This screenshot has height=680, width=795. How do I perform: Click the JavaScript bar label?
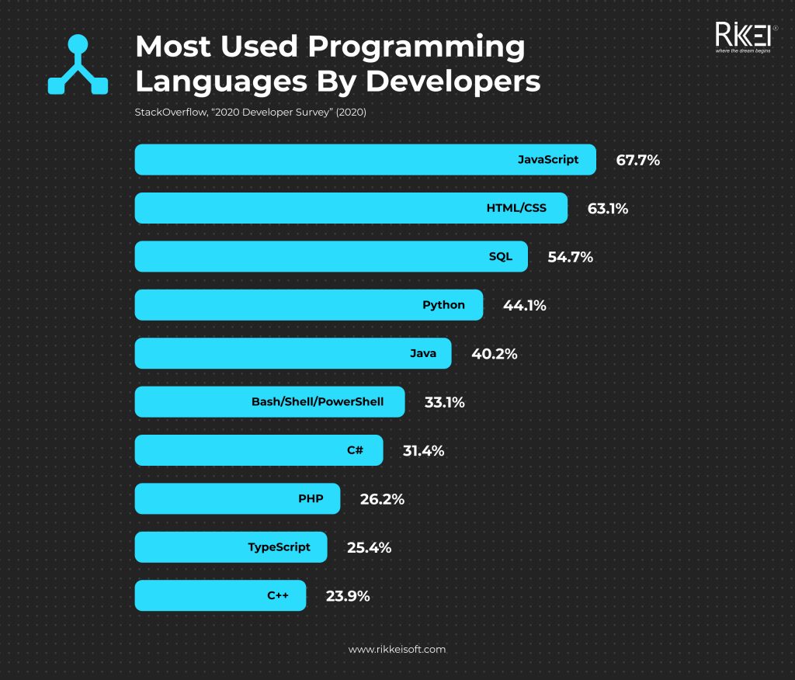[548, 160]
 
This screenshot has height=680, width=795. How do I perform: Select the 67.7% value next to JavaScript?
[637, 161]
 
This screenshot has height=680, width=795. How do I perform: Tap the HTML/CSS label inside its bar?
[516, 208]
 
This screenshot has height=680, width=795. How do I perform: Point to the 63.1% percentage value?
[607, 209]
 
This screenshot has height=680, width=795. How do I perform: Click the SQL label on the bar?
[501, 256]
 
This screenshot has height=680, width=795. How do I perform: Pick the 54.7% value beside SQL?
[570, 257]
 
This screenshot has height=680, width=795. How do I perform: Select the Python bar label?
[443, 305]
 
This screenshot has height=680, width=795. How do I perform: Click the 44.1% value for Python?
[524, 306]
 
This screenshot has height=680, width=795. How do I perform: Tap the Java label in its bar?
[423, 353]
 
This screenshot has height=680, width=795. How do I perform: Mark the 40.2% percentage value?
[494, 354]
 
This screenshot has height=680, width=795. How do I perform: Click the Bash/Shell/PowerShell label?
[318, 402]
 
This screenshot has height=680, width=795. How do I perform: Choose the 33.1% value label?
[444, 403]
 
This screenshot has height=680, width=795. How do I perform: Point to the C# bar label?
[355, 450]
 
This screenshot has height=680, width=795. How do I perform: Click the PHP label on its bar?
[311, 498]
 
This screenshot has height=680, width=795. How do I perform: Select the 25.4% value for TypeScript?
[369, 548]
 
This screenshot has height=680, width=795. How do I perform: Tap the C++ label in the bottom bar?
[278, 595]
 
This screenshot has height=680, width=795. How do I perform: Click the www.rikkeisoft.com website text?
[397, 649]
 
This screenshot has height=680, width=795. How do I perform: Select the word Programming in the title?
[416, 47]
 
